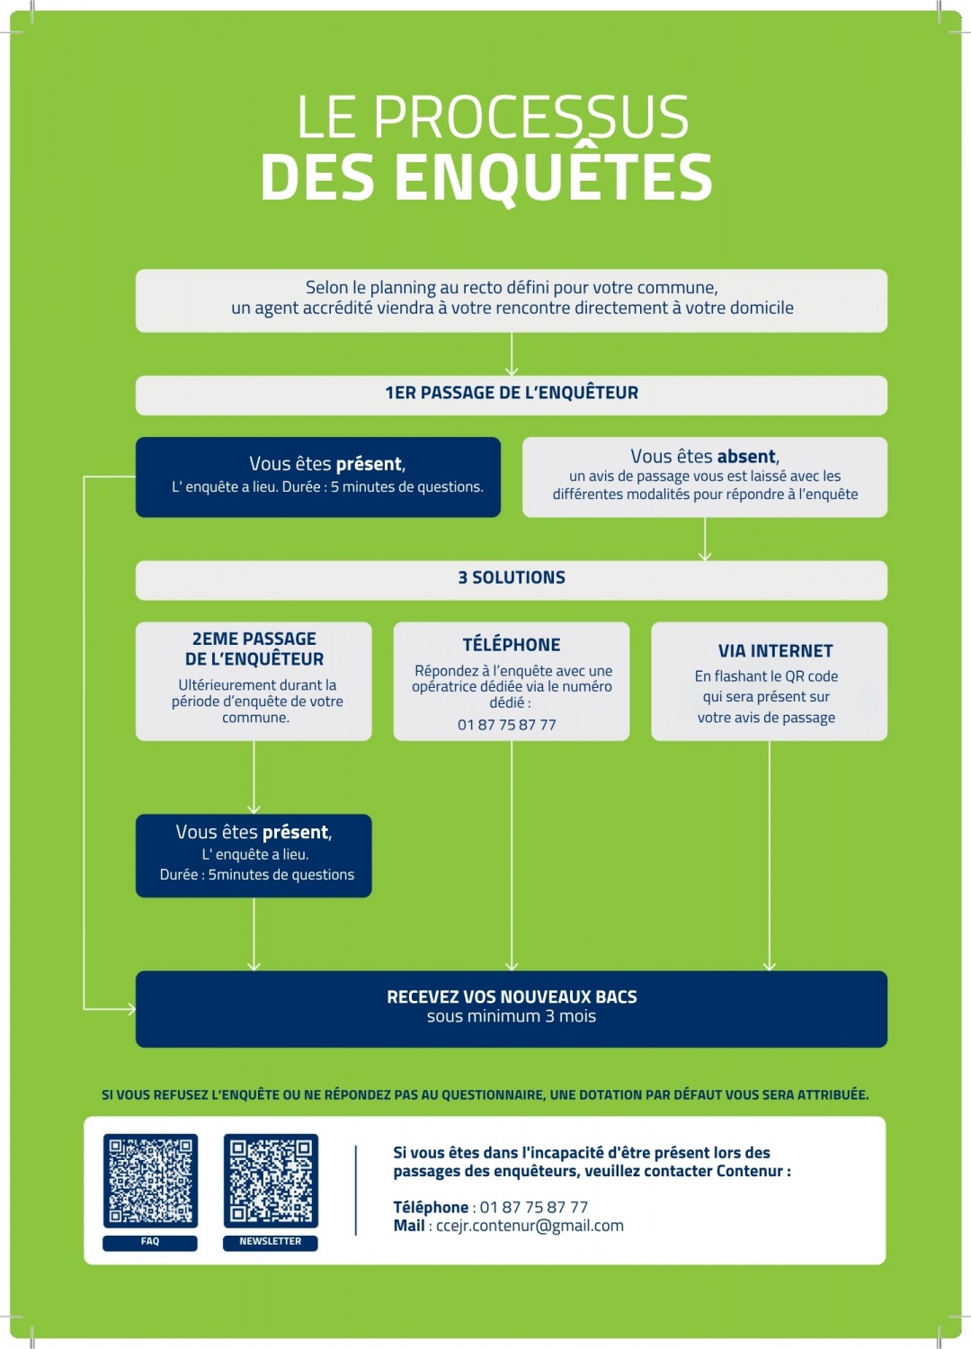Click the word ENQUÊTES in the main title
pos(554,177)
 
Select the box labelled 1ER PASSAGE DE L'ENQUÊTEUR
pos(511,396)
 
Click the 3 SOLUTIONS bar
pos(511,581)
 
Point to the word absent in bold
pos(746,456)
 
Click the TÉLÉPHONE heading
pos(511,645)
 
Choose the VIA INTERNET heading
pos(775,651)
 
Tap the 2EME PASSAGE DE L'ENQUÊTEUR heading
pos(254,648)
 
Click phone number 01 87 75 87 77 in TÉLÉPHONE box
pos(507,725)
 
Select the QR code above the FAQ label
pos(150,1181)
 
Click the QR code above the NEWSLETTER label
pos(271,1181)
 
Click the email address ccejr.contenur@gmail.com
pos(530,1226)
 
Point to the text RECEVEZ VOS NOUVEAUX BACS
pos(512,996)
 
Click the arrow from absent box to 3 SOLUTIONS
pos(705,539)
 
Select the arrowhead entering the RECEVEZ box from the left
pos(130,1009)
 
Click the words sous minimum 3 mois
pos(512,1016)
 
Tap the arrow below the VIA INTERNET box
pos(770,856)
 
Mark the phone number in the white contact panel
pos(534,1208)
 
